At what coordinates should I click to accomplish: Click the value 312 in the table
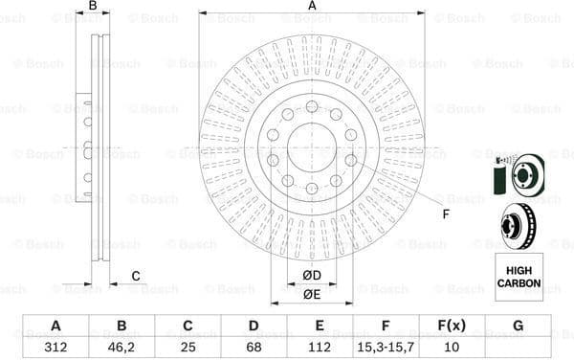(55, 347)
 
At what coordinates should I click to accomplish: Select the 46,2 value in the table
(121, 347)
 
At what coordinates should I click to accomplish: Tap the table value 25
(187, 347)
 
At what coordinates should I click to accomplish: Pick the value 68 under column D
(254, 347)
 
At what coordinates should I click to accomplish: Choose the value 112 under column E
(320, 347)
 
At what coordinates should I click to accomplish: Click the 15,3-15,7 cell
(386, 347)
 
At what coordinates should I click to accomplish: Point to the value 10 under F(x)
(452, 347)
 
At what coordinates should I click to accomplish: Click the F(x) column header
(452, 326)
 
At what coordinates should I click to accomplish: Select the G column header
(518, 326)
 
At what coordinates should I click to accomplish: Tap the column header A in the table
(55, 326)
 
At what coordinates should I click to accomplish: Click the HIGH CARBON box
(518, 272)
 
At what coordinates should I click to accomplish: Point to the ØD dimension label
(311, 277)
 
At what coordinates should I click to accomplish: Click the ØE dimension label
(311, 294)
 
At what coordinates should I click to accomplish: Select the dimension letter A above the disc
(312, 7)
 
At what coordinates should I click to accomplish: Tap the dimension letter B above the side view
(93, 7)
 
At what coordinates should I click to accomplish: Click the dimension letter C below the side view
(135, 277)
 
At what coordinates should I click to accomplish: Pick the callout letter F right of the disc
(446, 213)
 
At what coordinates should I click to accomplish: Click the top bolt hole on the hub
(312, 104)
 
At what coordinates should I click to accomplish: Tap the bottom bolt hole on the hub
(312, 187)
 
